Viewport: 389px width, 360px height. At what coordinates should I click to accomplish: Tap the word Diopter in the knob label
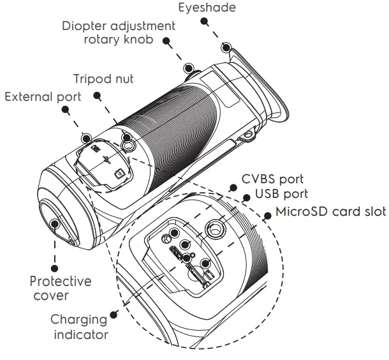pos(84,26)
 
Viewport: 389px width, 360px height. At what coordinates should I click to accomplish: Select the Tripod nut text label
pos(103,79)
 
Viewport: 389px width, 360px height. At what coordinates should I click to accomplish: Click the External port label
pos(43,96)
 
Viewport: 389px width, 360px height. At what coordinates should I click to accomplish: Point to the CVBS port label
pos(272,180)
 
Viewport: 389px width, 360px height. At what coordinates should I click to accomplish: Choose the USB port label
pos(282,194)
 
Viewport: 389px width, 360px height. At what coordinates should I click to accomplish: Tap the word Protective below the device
pos(61,281)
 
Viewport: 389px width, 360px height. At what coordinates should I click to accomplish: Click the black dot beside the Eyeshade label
pos(204,20)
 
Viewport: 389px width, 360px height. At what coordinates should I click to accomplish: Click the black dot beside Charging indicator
pos(114,314)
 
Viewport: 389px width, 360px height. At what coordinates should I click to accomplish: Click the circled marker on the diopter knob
pos(188,68)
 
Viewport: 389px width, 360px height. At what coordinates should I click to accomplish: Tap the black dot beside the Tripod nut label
pos(98,95)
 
